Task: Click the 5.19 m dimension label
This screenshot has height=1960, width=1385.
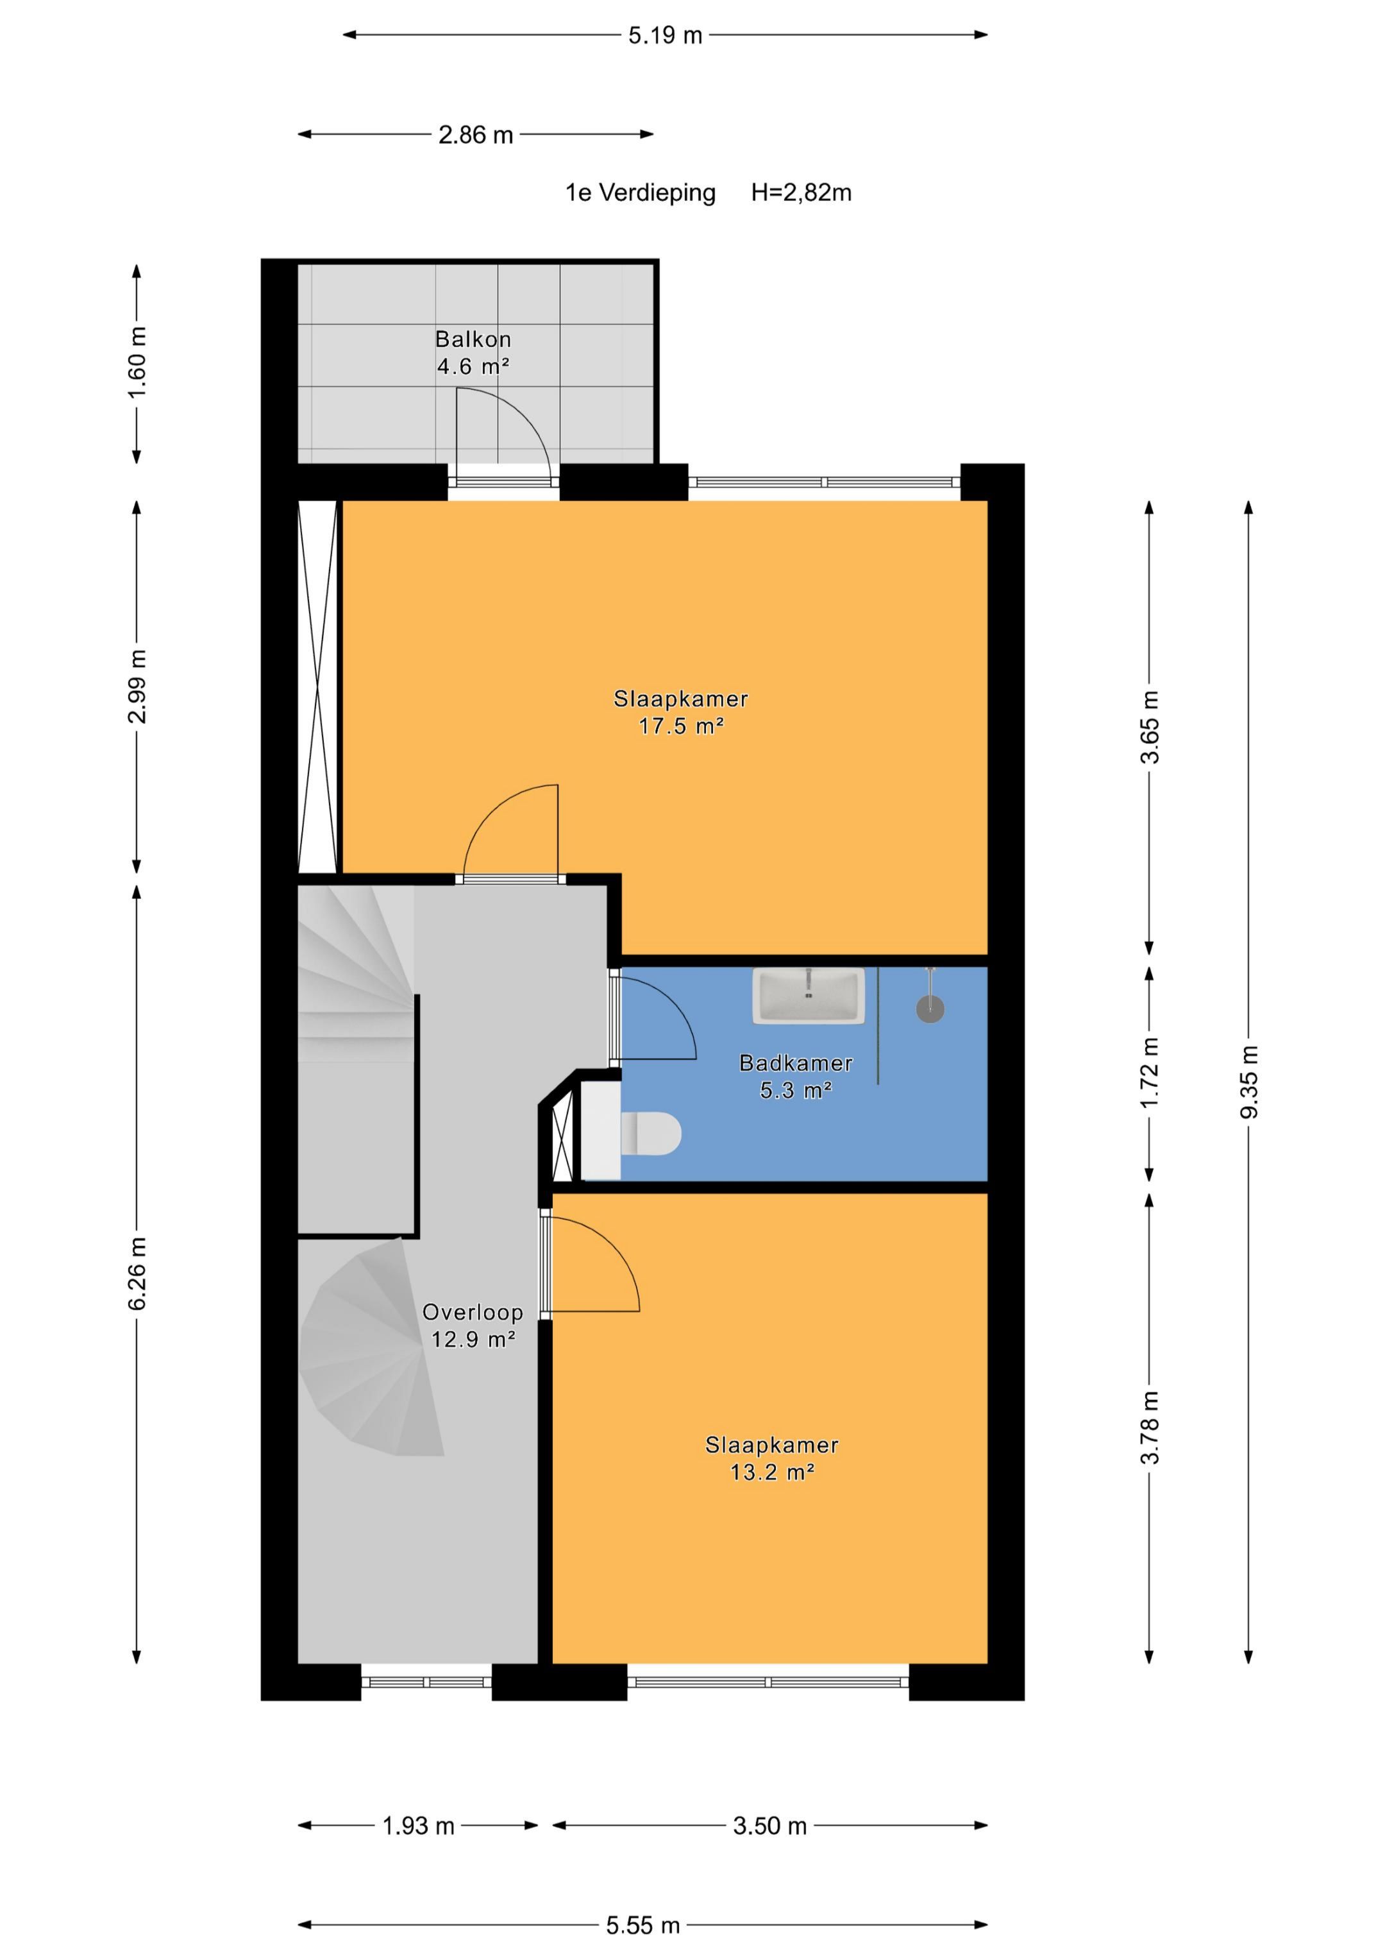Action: pos(665,36)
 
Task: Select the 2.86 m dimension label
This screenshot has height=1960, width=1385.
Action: pos(475,135)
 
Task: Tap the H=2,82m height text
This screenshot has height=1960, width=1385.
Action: pos(802,193)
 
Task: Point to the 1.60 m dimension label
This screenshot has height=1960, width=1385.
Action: pos(137,362)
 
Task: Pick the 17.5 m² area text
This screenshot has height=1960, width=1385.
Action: pos(681,726)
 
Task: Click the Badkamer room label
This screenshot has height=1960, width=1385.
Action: pos(795,1063)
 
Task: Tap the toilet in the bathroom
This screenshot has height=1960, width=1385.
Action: pos(650,1134)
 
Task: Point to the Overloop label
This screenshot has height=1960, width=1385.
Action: pos(472,1312)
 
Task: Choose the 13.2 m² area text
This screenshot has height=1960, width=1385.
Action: pos(772,1472)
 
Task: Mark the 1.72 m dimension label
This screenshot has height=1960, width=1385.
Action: pos(1150,1073)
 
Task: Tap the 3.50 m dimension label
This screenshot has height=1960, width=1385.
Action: pos(769,1826)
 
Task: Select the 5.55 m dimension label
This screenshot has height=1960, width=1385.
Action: pos(642,1925)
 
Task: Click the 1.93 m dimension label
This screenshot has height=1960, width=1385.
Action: pos(418,1826)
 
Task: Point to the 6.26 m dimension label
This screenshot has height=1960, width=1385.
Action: pos(137,1273)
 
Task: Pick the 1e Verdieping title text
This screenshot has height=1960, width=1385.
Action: pos(640,193)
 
